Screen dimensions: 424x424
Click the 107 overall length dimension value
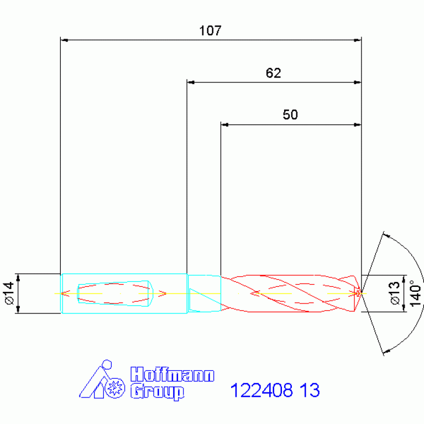tap(211, 30)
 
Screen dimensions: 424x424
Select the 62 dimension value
tap(274, 73)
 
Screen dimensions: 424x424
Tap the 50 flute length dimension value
tap(290, 114)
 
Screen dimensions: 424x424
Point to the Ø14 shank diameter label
tap(9, 293)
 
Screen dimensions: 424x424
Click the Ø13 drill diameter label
tap(395, 293)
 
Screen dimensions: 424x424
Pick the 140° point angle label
tap(416, 294)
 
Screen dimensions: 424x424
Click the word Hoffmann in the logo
tap(172, 374)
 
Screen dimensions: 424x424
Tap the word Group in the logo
tap(158, 392)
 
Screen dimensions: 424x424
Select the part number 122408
tap(261, 390)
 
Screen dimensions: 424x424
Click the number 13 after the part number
tap(310, 390)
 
